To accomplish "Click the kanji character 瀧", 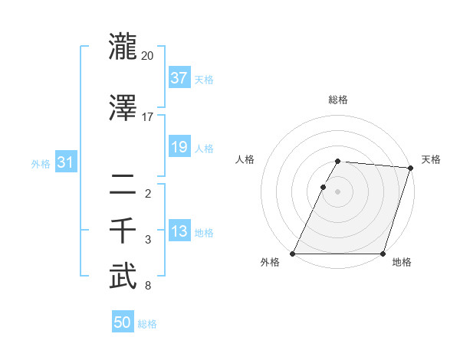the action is (123, 46).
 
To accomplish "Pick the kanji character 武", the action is (123, 277).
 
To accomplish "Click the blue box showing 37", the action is (179, 77).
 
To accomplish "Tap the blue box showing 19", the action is (179, 147).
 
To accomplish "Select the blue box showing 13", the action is (179, 231).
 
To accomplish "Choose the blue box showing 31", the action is (66, 162).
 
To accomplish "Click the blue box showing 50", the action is (123, 322).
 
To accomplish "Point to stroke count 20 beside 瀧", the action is (148, 56).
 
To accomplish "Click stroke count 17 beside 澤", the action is (148, 116).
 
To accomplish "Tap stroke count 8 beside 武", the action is (148, 286).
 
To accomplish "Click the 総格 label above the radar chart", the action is (338, 100).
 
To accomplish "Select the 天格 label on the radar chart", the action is (431, 159).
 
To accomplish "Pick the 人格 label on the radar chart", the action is (245, 159).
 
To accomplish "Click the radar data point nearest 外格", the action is (293, 254).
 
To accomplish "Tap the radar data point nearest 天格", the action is (411, 168).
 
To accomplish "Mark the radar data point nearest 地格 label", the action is (383, 254).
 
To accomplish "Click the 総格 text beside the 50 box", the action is (147, 324).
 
